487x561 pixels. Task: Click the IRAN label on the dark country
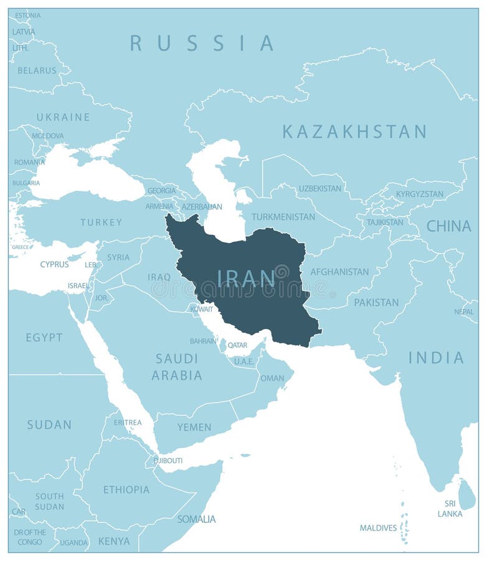pos(246,278)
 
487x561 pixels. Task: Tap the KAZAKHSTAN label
pos(354,132)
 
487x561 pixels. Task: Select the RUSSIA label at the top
pos(202,43)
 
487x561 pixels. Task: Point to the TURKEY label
pos(100,222)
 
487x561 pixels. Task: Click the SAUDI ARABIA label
pos(177,367)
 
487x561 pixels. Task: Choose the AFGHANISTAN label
pos(339,272)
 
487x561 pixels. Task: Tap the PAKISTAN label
pos(376,302)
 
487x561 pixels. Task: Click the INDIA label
pos(436,358)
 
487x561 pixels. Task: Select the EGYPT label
pos(44,337)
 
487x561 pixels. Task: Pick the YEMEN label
pos(194,427)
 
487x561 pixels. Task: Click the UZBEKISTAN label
pos(319,188)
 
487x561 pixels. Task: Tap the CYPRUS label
pos(54,264)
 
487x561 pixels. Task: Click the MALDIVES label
pos(378,528)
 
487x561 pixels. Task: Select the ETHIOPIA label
pos(126,489)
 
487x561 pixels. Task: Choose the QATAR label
pos(237,345)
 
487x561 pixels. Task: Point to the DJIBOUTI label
pos(168,461)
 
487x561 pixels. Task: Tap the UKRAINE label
pos(63,117)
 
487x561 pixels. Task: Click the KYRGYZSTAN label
pos(420,194)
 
